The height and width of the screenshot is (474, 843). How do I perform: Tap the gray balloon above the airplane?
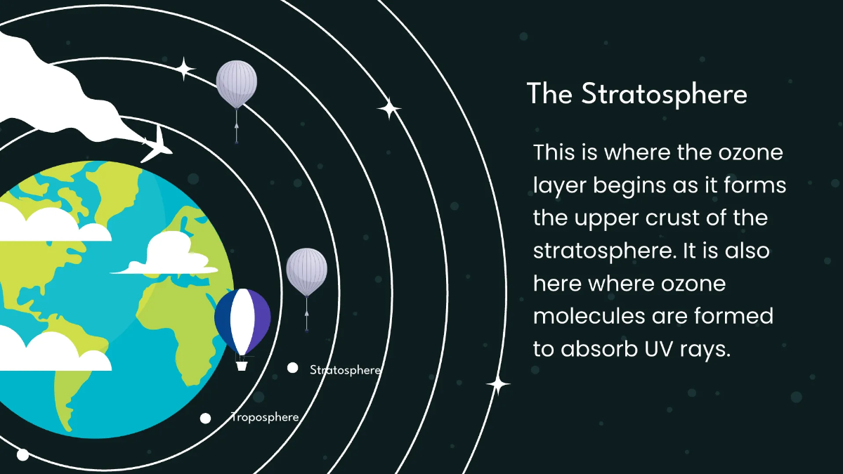click(236, 84)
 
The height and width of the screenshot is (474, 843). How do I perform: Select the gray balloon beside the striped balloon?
click(306, 272)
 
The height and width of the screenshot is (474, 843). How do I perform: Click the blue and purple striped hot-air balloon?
click(242, 322)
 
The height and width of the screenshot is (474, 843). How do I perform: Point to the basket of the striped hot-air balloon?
click(242, 365)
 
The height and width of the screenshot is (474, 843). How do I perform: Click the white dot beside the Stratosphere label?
click(292, 367)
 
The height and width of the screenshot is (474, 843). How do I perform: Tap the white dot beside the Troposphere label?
click(205, 418)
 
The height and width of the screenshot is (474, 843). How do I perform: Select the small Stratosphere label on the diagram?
click(344, 369)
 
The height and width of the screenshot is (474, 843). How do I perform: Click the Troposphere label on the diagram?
click(265, 417)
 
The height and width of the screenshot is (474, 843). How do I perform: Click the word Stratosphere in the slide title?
click(664, 94)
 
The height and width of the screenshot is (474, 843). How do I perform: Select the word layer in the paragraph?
click(559, 185)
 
